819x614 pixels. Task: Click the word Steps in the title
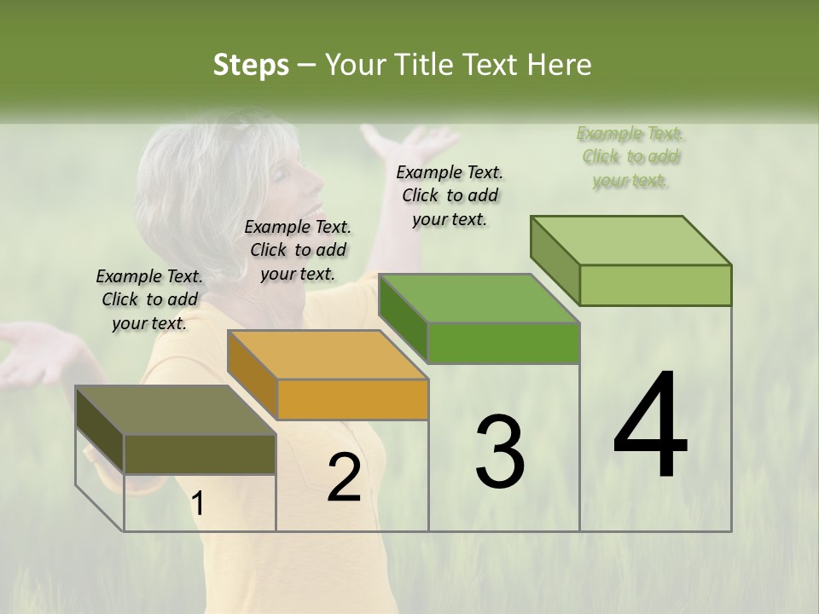point(250,65)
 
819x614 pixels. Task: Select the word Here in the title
point(560,65)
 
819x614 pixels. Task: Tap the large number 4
point(650,426)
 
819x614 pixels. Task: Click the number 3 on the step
point(499,452)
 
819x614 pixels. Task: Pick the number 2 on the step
point(344,478)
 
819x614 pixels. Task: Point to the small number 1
point(198,504)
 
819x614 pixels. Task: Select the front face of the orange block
point(352,399)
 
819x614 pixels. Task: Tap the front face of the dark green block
point(503,343)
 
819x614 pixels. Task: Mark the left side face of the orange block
point(253,374)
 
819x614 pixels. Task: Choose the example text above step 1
point(149,299)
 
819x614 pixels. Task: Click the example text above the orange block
point(298,250)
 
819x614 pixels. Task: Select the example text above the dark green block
point(450,195)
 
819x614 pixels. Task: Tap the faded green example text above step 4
point(630,157)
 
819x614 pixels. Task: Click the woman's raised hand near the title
point(409,142)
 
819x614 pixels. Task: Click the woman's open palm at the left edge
point(30,354)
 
